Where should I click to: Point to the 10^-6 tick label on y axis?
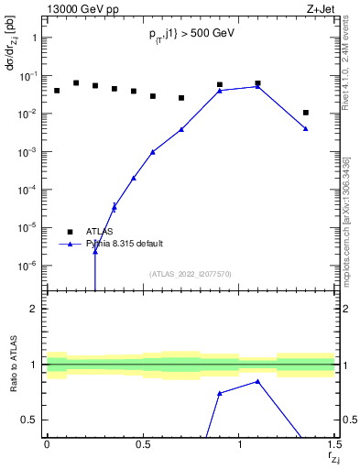[x=27, y=266]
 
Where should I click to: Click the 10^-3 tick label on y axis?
[x=27, y=152]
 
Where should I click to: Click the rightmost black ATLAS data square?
[x=306, y=113]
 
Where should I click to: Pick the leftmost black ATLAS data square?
[x=57, y=91]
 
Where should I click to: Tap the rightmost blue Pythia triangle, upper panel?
[x=306, y=128]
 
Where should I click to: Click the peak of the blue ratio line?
[x=258, y=381]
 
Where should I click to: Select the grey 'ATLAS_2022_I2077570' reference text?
[x=191, y=273]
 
